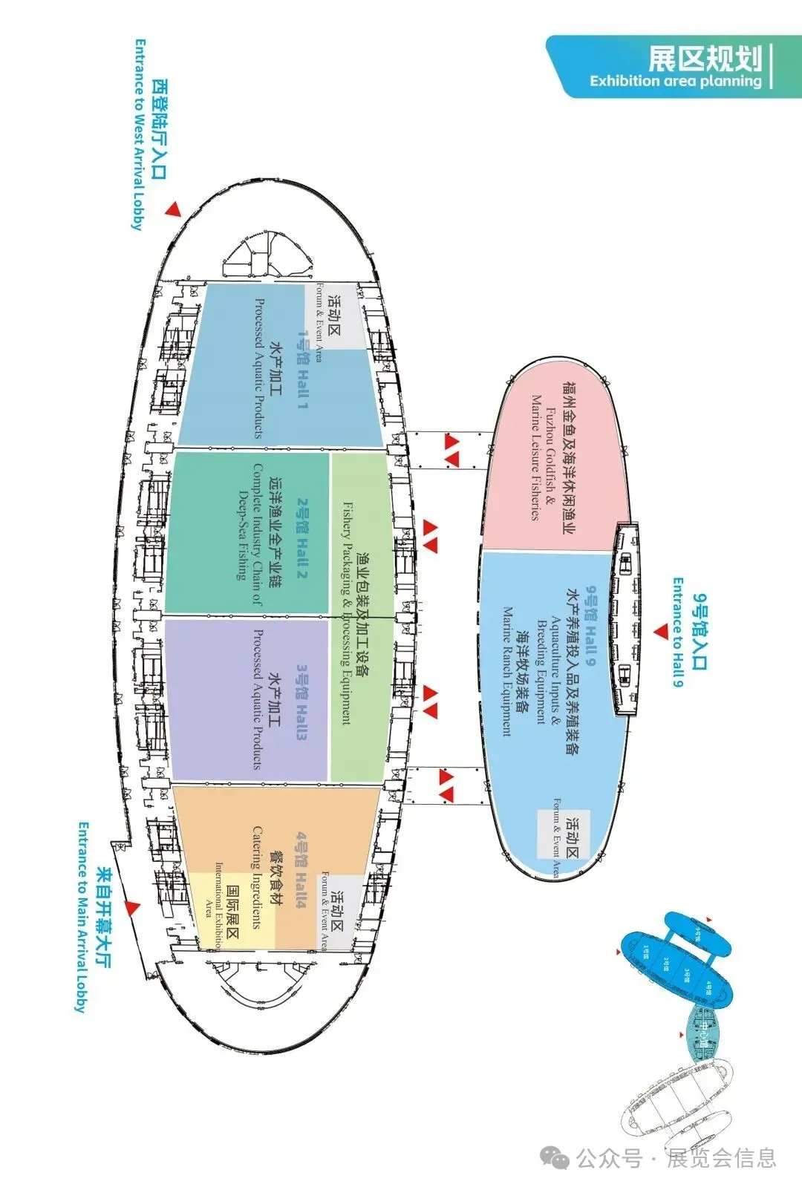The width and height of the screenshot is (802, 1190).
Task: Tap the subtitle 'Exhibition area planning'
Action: (x=676, y=81)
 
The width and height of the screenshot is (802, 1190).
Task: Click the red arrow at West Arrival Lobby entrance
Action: (x=174, y=209)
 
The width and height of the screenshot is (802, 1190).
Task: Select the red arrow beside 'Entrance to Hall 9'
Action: (x=661, y=632)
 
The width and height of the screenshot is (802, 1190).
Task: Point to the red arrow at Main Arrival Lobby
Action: (x=132, y=907)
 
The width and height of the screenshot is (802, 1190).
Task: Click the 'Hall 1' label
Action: (x=302, y=369)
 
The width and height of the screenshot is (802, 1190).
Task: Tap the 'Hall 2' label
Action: (x=301, y=538)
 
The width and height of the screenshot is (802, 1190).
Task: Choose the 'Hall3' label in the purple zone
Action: (x=301, y=702)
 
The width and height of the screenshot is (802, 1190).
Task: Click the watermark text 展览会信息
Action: (x=720, y=1157)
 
